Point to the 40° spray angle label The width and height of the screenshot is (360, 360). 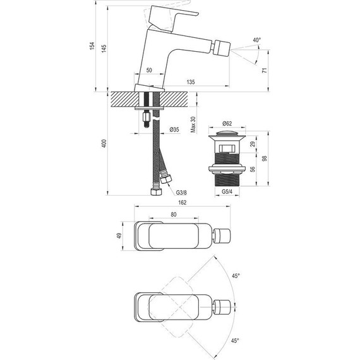click(256, 40)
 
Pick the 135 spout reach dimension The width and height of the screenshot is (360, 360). click(190, 82)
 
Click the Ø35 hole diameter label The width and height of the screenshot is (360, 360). click(174, 130)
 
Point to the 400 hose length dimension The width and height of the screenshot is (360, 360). click(104, 145)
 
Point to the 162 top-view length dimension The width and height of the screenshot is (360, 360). click(183, 202)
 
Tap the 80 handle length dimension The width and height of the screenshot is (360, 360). click(174, 213)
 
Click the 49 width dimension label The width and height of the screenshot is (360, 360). click(120, 236)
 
